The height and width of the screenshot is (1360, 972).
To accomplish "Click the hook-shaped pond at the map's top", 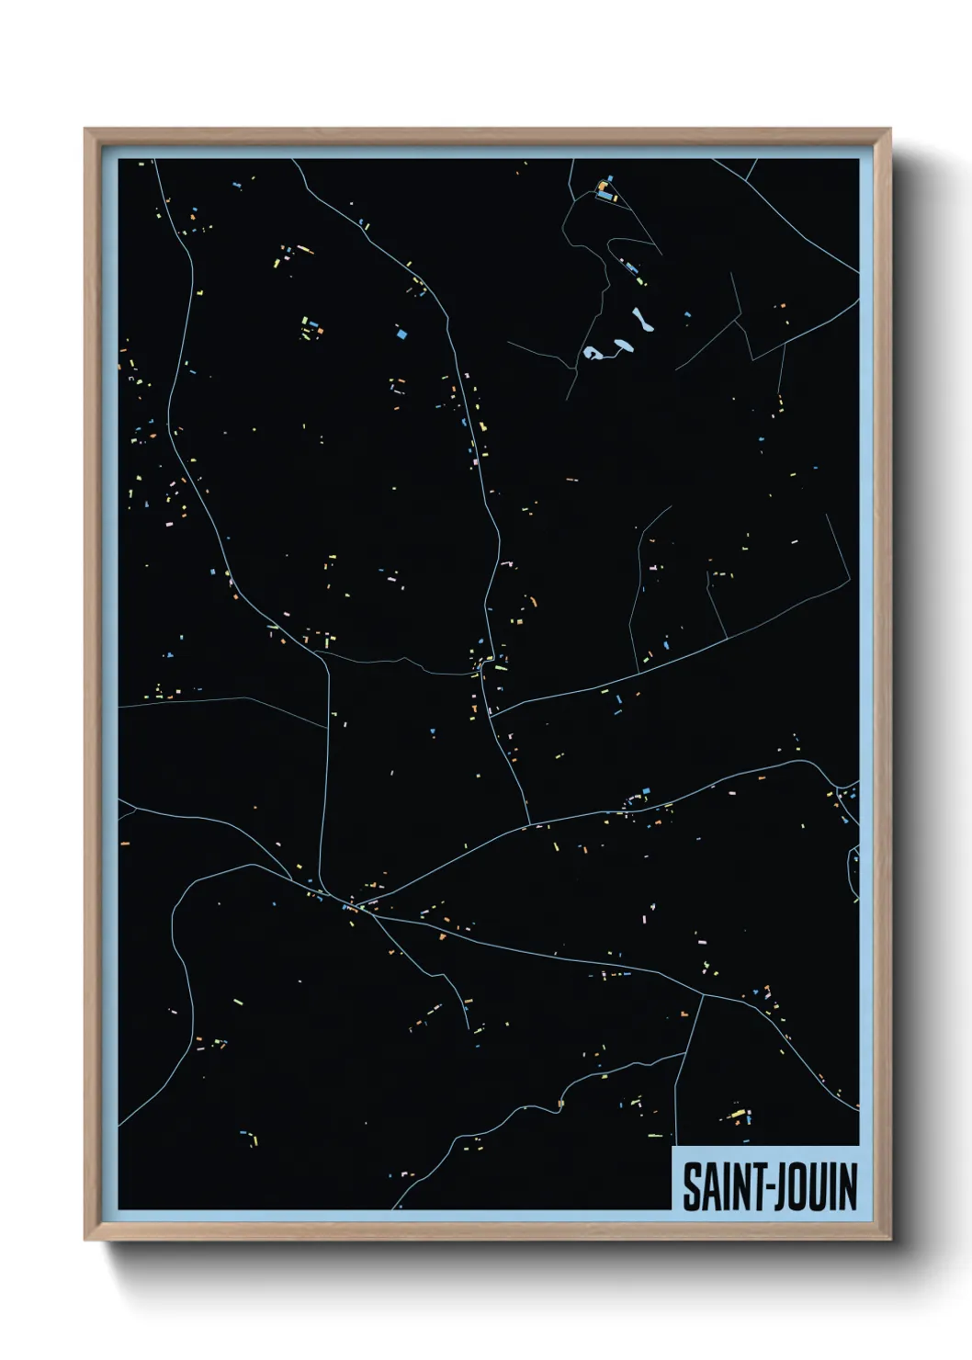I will point(593,353).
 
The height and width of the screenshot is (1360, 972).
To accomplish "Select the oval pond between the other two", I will point(624,345).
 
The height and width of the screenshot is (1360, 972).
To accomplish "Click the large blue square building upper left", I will point(401,334).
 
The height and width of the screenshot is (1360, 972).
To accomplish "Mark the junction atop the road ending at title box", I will point(704,993).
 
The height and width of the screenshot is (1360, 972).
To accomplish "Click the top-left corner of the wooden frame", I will point(85,130).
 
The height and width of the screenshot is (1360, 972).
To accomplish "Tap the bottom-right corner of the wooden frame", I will point(890,1240).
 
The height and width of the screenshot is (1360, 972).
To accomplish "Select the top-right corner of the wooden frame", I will point(890,130).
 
